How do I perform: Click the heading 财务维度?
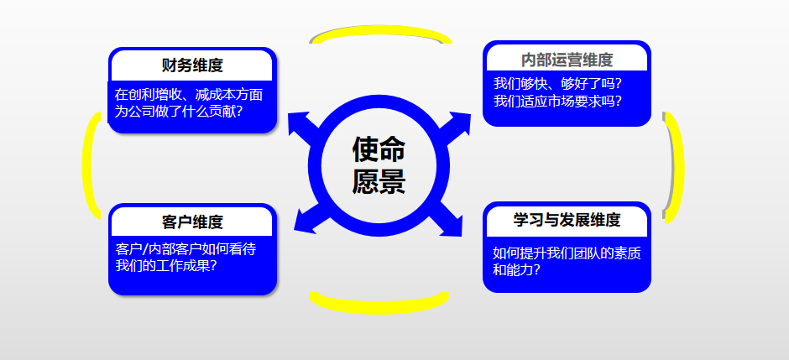192,65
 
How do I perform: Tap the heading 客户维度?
192,222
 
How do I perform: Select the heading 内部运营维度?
567,60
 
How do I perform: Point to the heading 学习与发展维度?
567,220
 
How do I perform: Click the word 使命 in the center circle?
379,149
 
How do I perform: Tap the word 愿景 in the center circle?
379,181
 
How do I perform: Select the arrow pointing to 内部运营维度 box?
454,126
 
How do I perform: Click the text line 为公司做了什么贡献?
179,111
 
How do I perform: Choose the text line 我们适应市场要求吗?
557,101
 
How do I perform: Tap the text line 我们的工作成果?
166,265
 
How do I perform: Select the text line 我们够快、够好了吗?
557,83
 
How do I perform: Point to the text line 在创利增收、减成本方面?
189,95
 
